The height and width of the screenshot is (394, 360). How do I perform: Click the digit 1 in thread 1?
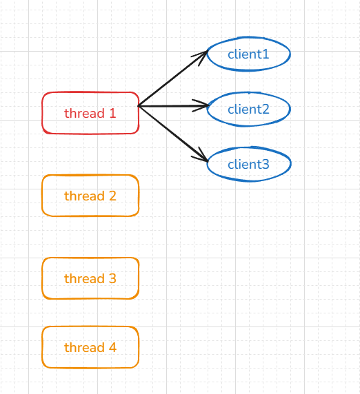(113, 113)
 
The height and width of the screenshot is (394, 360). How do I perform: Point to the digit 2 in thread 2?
(112, 196)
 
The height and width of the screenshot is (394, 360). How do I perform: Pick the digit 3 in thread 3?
(112, 278)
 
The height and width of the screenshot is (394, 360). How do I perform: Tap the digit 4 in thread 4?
(112, 348)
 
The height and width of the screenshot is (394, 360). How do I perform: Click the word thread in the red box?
(85, 113)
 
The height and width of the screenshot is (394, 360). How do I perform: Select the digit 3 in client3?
(266, 165)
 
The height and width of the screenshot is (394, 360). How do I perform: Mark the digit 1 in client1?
(266, 54)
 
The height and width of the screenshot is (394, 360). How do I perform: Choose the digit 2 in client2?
(266, 110)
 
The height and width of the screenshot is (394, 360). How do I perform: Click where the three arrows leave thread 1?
(139, 106)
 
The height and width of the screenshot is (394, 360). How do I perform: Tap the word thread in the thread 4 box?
(85, 347)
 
